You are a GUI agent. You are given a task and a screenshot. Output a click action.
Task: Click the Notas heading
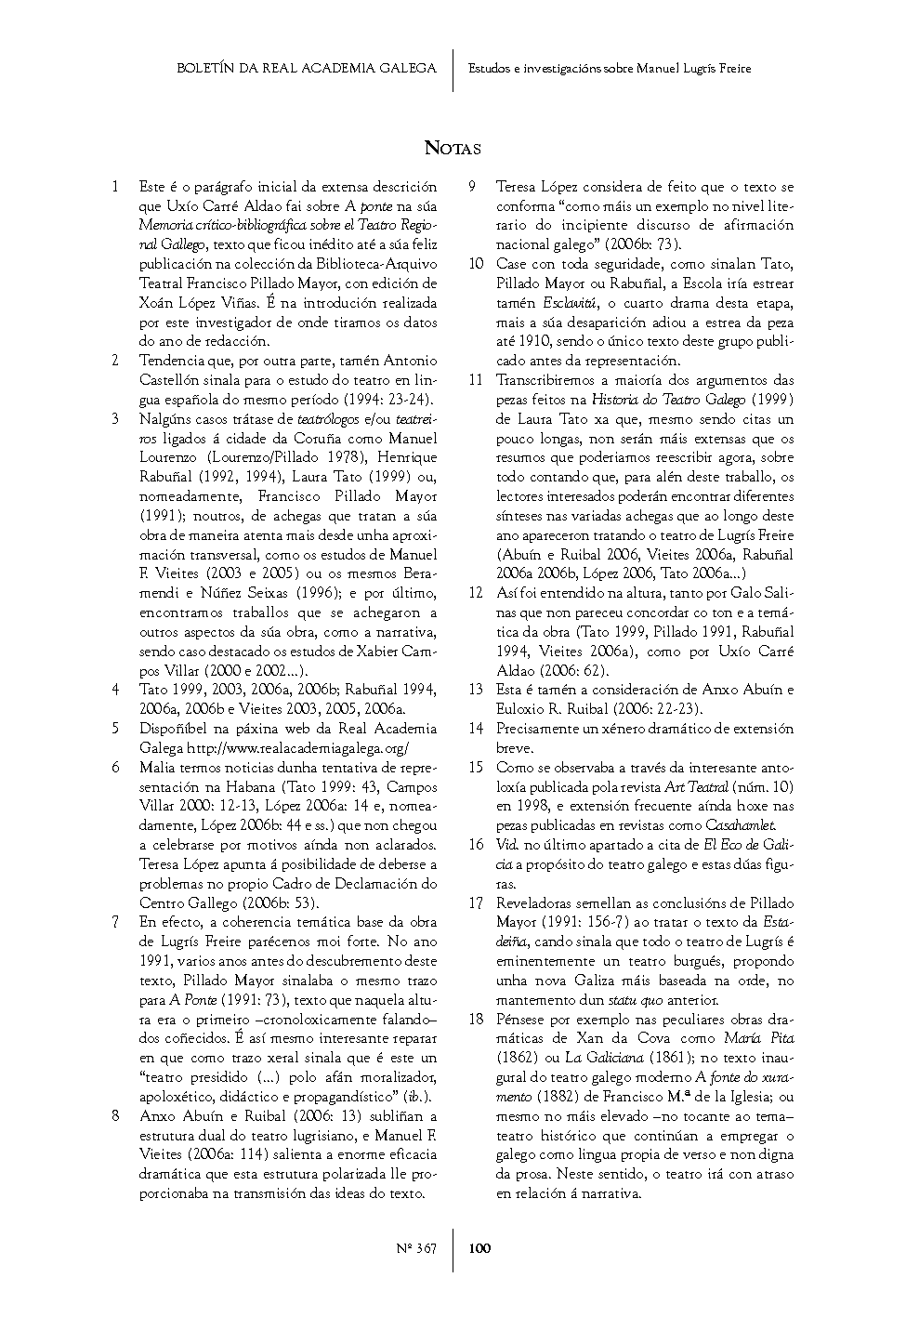pyautogui.click(x=453, y=148)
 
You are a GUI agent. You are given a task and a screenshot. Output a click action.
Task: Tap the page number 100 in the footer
pyautogui.click(x=479, y=1248)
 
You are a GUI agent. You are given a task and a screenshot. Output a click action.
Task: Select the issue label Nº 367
pyautogui.click(x=416, y=1248)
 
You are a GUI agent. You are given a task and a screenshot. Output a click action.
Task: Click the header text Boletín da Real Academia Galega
pyautogui.click(x=307, y=68)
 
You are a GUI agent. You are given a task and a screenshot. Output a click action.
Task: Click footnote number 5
pyautogui.click(x=115, y=729)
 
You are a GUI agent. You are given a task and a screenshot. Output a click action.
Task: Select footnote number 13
pyautogui.click(x=476, y=690)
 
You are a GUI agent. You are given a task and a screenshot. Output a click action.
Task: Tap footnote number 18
pyautogui.click(x=476, y=1019)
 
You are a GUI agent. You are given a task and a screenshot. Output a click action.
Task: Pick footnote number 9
pyautogui.click(x=473, y=186)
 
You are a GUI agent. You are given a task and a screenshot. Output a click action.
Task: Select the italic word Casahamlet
pyautogui.click(x=741, y=825)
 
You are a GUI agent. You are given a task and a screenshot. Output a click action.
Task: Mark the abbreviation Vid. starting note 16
pyautogui.click(x=507, y=845)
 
